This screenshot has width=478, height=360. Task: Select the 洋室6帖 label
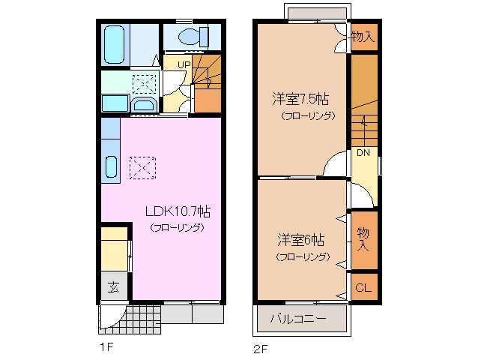[x=301, y=241]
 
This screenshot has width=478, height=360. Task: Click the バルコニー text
[x=297, y=319]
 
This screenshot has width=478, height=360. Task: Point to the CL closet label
[x=363, y=288]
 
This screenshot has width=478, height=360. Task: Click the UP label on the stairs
[x=184, y=64]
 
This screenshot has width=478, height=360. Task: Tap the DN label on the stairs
[x=363, y=154]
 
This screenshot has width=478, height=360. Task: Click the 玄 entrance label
[x=113, y=286]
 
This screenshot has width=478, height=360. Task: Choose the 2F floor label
[x=260, y=348]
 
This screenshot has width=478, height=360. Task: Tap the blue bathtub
[x=115, y=45]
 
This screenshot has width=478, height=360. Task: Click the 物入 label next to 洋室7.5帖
[x=363, y=37]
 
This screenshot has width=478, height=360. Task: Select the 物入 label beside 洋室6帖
[x=363, y=239]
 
